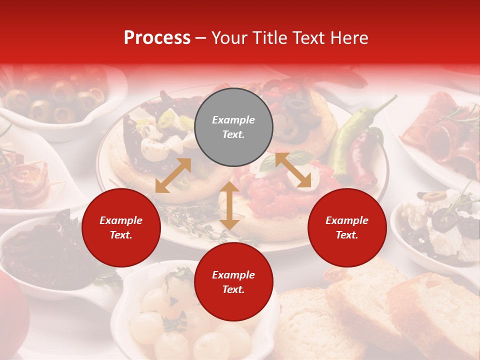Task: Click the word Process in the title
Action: pos(157,37)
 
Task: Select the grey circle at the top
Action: pos(233,127)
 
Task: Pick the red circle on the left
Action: pos(121,227)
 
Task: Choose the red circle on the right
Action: pos(347,227)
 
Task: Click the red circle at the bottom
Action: pos(233,282)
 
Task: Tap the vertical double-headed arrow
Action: pos(229,205)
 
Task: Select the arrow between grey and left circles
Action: pos(173,175)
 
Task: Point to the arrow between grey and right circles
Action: pos(293,170)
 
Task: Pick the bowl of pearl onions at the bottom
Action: pos(190,320)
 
